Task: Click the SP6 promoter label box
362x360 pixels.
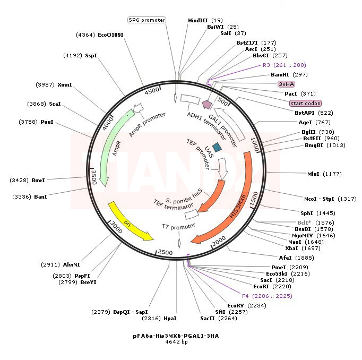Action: click(x=147, y=20)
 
